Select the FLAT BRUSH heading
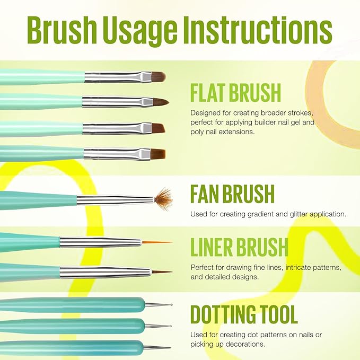(x=235, y=93)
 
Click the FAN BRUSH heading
(x=232, y=194)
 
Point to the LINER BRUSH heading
(x=239, y=247)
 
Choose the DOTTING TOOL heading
(x=244, y=314)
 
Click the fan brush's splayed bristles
(x=163, y=198)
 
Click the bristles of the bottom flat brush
(x=156, y=154)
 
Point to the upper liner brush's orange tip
(x=157, y=242)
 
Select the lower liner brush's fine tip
(x=161, y=272)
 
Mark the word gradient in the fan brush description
(x=270, y=214)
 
